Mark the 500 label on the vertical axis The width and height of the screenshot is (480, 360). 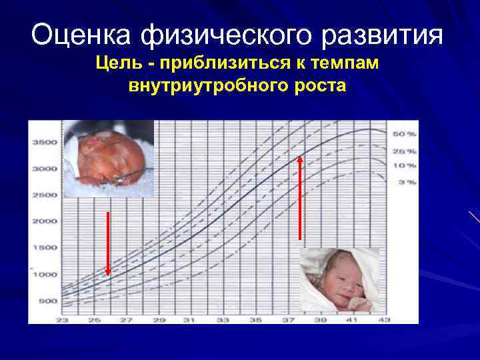(47, 301)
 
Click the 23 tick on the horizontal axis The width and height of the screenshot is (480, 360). (64, 320)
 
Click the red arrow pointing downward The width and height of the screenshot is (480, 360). (108, 243)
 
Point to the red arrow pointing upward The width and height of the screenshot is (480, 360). (300, 197)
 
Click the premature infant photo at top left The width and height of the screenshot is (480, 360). (109, 159)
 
